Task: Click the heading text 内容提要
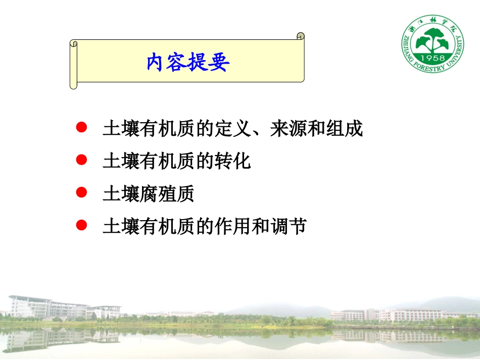point(188,63)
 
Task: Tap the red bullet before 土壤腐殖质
point(80,192)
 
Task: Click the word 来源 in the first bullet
point(287,129)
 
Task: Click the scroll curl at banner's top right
point(301,36)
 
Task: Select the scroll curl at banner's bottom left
point(74,85)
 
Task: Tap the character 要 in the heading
point(219,63)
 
